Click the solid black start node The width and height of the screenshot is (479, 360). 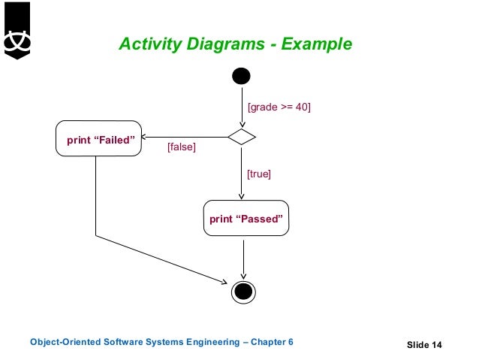coord(241,76)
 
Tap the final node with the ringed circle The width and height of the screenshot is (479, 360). coord(243,290)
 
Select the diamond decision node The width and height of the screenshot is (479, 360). coord(242,137)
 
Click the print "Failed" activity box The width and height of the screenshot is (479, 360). coord(99,138)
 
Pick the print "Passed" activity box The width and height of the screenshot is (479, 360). coord(246,219)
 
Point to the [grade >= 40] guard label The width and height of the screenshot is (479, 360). coord(279,107)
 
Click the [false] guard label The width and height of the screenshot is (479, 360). coord(181,147)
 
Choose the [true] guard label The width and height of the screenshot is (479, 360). coord(258,174)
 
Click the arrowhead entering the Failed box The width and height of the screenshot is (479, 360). coord(146,138)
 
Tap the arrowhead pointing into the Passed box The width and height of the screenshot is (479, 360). coord(242,196)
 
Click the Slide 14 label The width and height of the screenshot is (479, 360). coord(424,345)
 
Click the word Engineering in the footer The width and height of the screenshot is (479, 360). coord(207,343)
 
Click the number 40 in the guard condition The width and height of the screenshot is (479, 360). coord(300,107)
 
